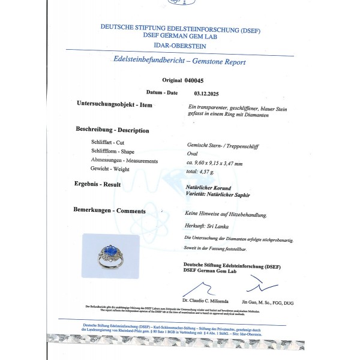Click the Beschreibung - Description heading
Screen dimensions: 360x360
pos(113,130)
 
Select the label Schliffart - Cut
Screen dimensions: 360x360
pos(107,142)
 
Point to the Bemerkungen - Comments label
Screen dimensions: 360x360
pos(110,211)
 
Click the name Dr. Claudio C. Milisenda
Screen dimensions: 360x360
pos(206,299)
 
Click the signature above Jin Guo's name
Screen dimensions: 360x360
pos(262,283)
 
